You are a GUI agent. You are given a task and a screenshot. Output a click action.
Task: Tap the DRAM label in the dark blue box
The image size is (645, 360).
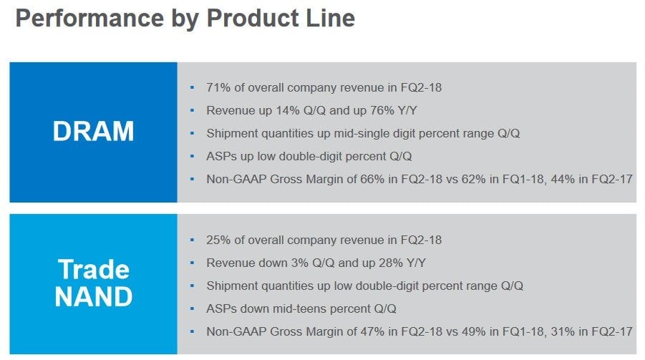[x=93, y=132]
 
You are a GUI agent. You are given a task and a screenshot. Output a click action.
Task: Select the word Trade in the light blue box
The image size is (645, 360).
[x=93, y=270]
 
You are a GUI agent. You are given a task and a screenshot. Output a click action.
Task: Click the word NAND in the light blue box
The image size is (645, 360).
[x=93, y=296]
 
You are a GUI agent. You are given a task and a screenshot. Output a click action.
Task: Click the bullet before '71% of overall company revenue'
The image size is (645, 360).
[x=192, y=88]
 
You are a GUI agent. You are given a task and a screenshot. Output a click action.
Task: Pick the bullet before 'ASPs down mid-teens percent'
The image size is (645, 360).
[x=192, y=308]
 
